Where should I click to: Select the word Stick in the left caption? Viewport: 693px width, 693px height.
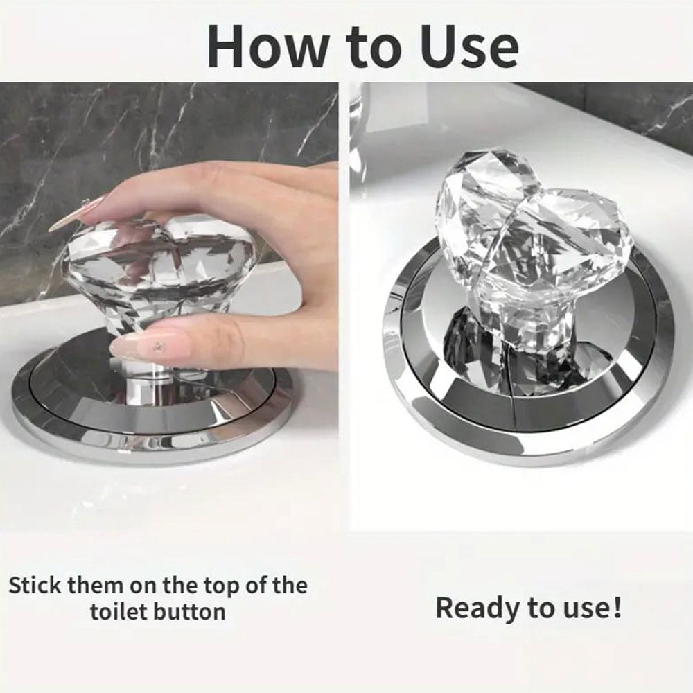tap(35, 586)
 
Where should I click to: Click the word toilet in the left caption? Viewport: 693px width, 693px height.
tap(118, 612)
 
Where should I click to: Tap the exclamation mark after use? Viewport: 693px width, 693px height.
tap(617, 607)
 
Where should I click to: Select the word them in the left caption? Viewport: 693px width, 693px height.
tap(96, 586)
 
